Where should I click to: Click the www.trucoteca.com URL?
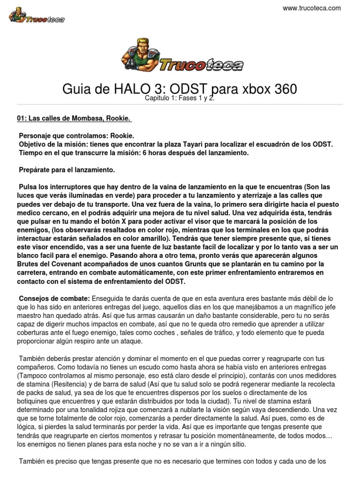tap(312, 8)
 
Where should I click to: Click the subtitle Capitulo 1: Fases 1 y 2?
tap(180, 98)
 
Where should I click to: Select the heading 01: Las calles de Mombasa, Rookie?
tap(74, 119)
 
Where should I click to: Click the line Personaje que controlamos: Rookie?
tap(76, 135)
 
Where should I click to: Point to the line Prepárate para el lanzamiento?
tap(67, 169)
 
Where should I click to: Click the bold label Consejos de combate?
tap(54, 299)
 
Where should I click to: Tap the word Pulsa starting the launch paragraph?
tap(27, 187)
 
